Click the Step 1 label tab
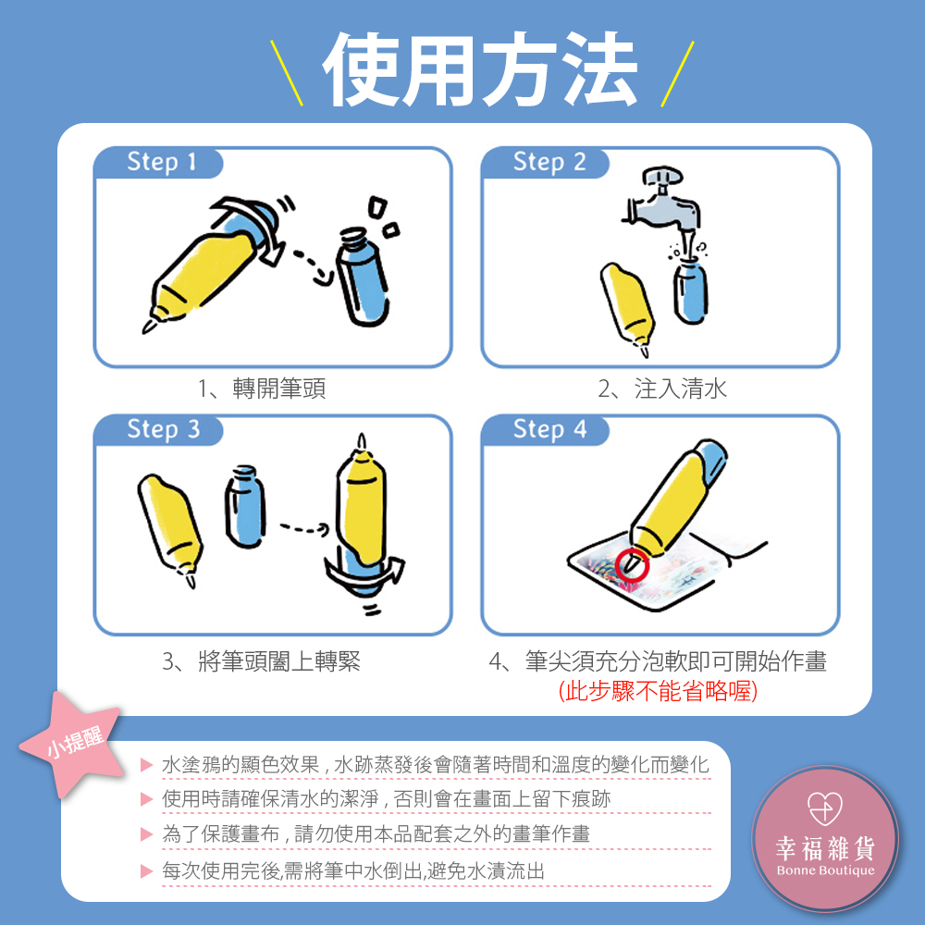click(x=159, y=163)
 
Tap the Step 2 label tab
click(x=547, y=163)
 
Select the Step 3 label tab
click(x=159, y=430)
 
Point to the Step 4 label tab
click(x=547, y=430)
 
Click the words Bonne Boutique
click(x=825, y=870)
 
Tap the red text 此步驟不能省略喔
click(x=658, y=691)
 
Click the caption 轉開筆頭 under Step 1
click(x=279, y=388)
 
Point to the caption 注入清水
click(x=680, y=388)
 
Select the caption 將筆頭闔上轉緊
click(x=279, y=662)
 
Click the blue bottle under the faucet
click(x=691, y=292)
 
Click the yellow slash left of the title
click(x=287, y=73)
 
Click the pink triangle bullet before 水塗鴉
click(x=147, y=765)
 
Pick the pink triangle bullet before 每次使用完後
click(x=147, y=871)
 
